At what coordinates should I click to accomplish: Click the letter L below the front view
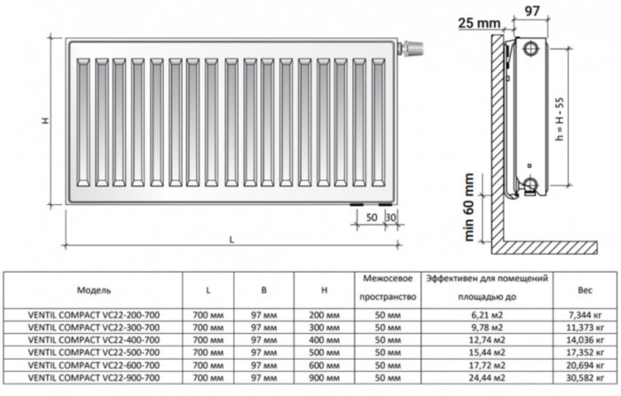click(232, 240)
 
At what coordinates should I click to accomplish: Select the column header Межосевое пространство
click(384, 288)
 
